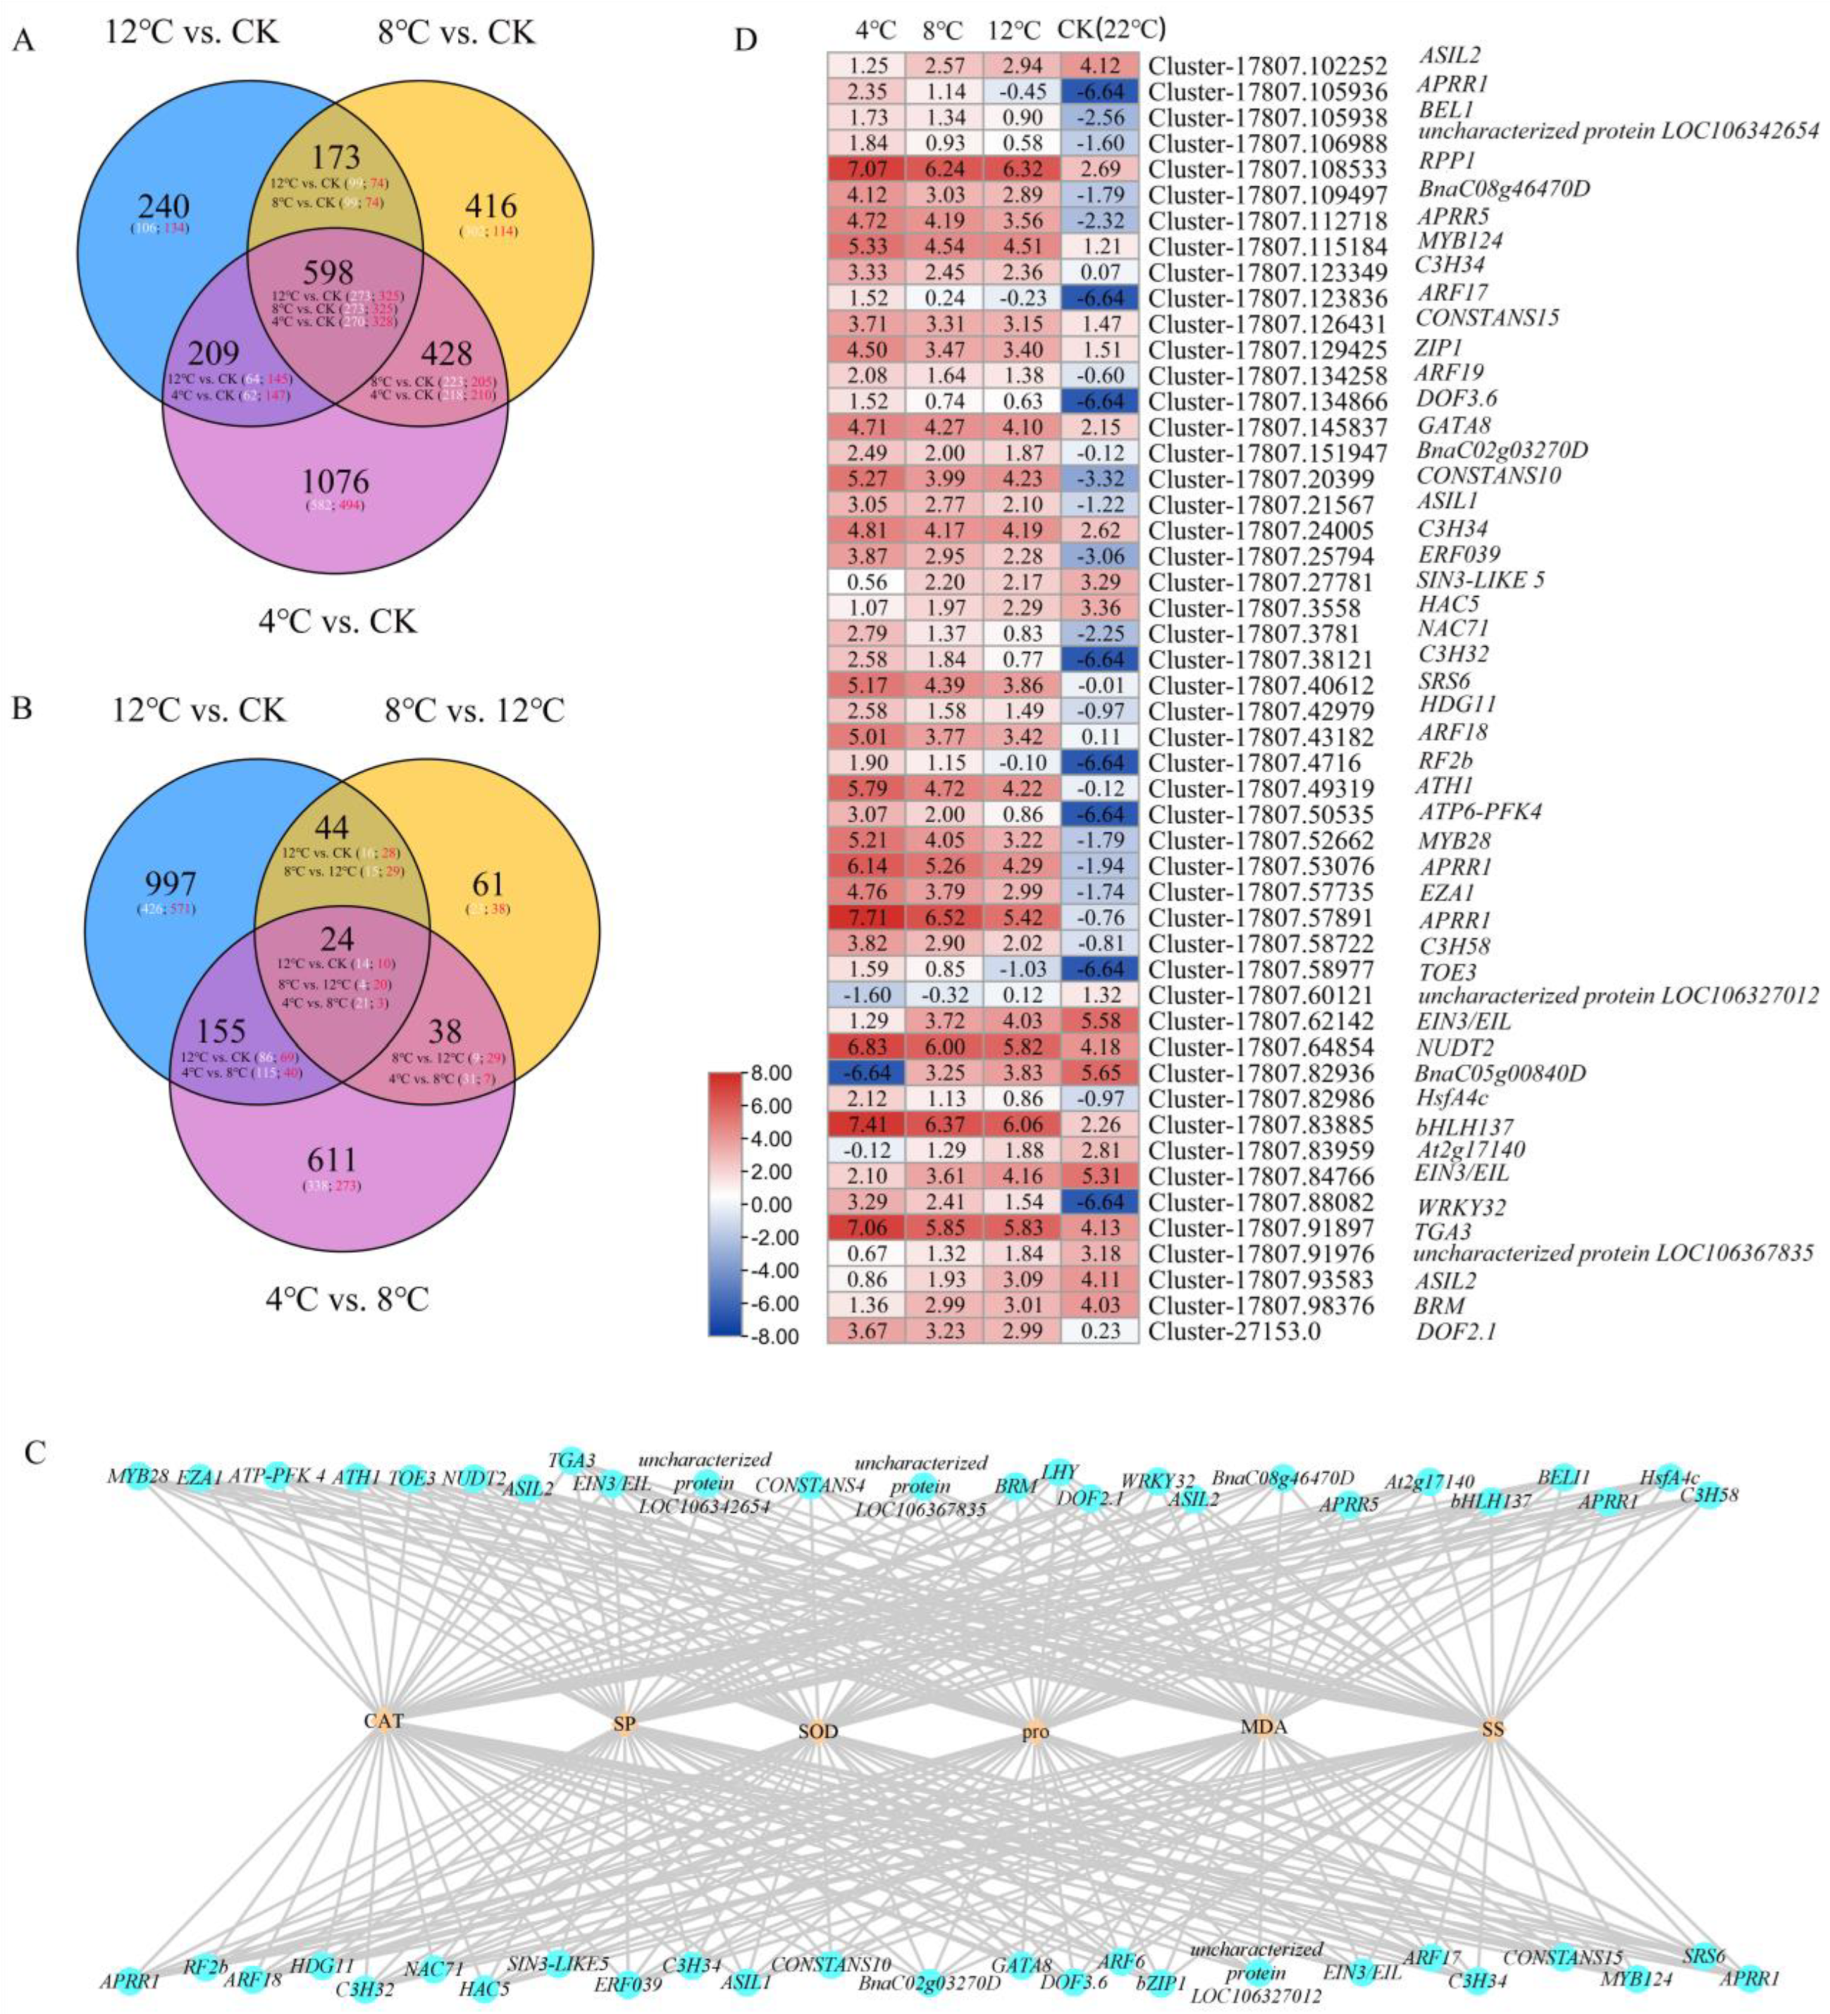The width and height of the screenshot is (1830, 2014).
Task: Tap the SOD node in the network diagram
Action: pyautogui.click(x=818, y=1731)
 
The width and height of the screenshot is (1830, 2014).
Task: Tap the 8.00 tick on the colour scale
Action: pyautogui.click(x=772, y=1074)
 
